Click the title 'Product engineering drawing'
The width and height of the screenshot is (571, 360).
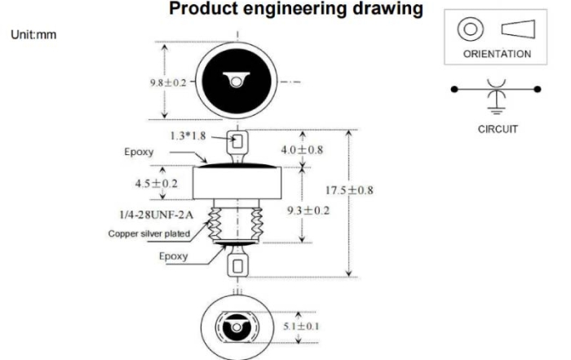pyautogui.click(x=296, y=10)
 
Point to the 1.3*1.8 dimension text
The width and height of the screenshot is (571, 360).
pyautogui.click(x=188, y=136)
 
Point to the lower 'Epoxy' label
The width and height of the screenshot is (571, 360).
pyautogui.click(x=173, y=256)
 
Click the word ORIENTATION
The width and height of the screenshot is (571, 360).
pyautogui.click(x=497, y=54)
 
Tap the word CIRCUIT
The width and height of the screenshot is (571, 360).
pyautogui.click(x=498, y=129)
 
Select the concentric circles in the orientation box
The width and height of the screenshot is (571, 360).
pyautogui.click(x=469, y=30)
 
